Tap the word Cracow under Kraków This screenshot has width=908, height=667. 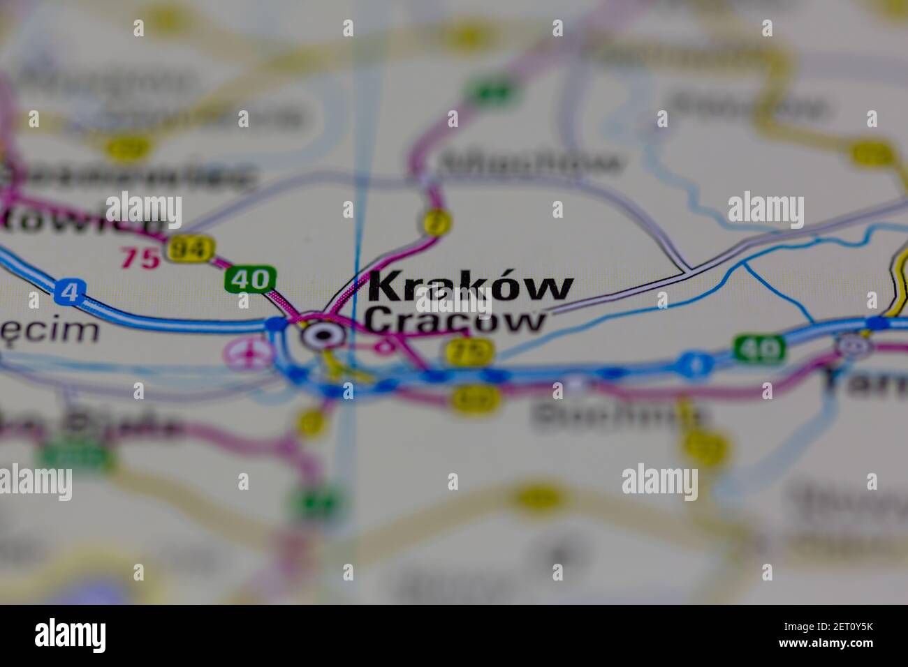pos(455,321)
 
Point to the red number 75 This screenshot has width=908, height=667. pos(140,258)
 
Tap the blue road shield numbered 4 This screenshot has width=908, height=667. pos(68,292)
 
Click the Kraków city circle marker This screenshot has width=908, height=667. pos(323,336)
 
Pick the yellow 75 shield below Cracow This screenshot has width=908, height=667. pos(469,350)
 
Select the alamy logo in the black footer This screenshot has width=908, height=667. pos(71,636)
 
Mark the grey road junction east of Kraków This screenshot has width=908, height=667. pos(687,269)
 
